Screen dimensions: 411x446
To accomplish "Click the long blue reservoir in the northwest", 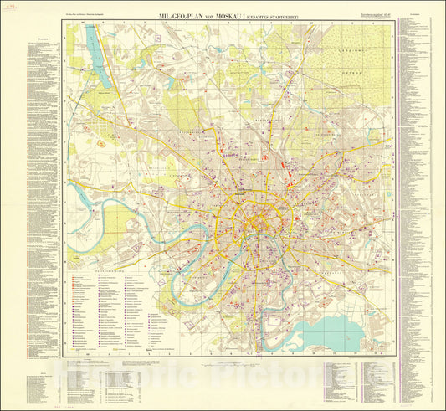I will (x=100, y=63).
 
